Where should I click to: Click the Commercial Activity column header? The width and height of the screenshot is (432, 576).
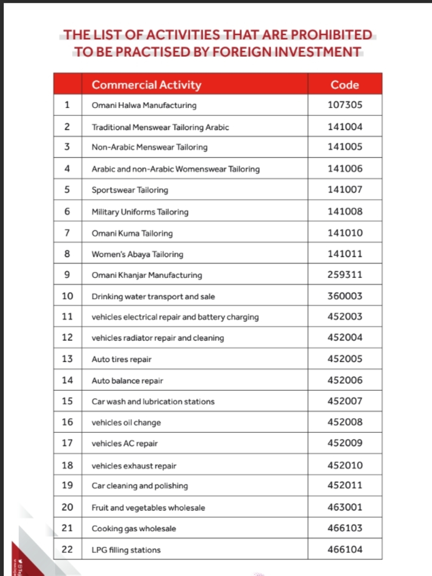pyautogui.click(x=146, y=85)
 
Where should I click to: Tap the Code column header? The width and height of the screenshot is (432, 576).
pyautogui.click(x=345, y=85)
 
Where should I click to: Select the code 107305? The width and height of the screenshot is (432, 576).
pyautogui.click(x=345, y=105)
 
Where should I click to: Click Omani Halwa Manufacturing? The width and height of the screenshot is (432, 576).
pyautogui.click(x=144, y=105)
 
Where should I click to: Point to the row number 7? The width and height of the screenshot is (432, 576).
pyautogui.click(x=67, y=233)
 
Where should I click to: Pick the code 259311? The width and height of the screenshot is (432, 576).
pyautogui.click(x=345, y=275)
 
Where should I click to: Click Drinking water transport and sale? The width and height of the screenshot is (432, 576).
pyautogui.click(x=153, y=296)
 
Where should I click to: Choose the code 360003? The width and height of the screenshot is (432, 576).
pyautogui.click(x=345, y=296)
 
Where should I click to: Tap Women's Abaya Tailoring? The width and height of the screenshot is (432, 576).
pyautogui.click(x=137, y=255)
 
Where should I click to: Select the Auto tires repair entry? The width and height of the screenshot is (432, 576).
pyautogui.click(x=121, y=360)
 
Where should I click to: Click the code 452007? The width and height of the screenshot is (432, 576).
pyautogui.click(x=345, y=401)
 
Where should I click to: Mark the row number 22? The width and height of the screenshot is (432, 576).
pyautogui.click(x=67, y=550)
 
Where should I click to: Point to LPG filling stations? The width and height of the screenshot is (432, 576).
pyautogui.click(x=126, y=550)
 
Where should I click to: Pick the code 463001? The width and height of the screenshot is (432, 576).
pyautogui.click(x=345, y=507)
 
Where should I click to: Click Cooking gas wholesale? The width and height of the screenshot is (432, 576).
pyautogui.click(x=133, y=529)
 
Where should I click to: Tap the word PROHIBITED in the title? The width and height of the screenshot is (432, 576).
pyautogui.click(x=331, y=35)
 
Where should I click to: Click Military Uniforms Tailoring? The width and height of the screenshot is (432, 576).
pyautogui.click(x=140, y=212)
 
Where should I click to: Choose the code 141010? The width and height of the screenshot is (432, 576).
pyautogui.click(x=345, y=233)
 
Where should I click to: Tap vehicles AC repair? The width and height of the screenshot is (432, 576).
pyautogui.click(x=124, y=444)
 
